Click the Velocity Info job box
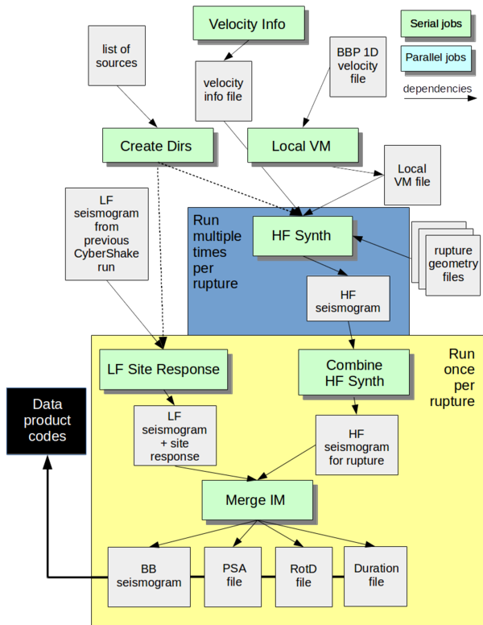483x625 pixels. pos(247,23)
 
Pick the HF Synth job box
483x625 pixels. pos(303,235)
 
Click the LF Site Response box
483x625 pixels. pos(163,370)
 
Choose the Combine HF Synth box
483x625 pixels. pos(355,372)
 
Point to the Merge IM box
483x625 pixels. pos(255,500)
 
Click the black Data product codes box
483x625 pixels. pos(46,421)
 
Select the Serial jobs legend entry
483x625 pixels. pos(435,24)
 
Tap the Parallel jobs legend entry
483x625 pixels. pos(435,58)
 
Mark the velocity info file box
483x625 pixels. pos(223,90)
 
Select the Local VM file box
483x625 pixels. pos(411,175)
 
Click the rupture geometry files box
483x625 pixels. pos(452,263)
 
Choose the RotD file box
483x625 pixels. pos(303,575)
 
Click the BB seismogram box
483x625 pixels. pos(148,575)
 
